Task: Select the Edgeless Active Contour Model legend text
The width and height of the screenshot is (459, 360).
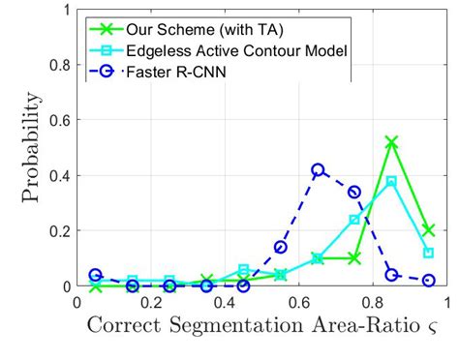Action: click(x=226, y=49)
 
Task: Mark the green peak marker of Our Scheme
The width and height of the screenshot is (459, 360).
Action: click(x=391, y=142)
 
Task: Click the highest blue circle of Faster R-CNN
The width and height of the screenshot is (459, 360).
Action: click(x=318, y=170)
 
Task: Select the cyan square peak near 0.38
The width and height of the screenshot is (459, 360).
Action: click(x=391, y=181)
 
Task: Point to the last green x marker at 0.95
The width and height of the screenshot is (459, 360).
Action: click(x=428, y=230)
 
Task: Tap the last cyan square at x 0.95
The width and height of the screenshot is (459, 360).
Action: click(x=428, y=253)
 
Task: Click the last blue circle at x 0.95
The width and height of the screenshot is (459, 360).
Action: click(x=428, y=281)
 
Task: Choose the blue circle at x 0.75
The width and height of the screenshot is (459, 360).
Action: click(x=354, y=192)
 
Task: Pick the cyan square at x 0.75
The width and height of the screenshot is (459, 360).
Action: click(x=354, y=220)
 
